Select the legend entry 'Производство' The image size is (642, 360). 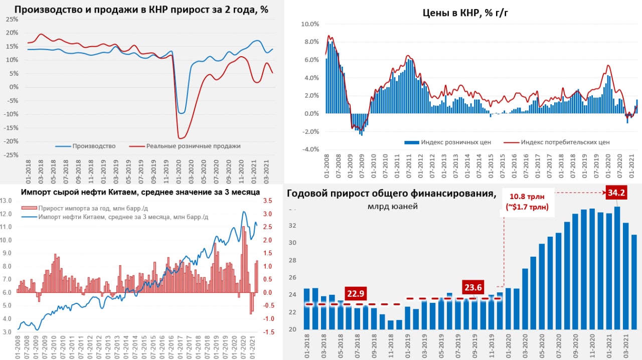[x=94, y=146]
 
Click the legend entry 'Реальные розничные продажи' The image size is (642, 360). [x=193, y=146]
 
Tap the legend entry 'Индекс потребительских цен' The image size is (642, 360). [x=565, y=142]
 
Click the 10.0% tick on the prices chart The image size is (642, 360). [x=309, y=24]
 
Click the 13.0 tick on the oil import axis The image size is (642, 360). [x=7, y=201]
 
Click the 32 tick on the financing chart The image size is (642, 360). [x=292, y=226]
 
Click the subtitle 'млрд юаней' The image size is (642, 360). [x=393, y=207]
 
